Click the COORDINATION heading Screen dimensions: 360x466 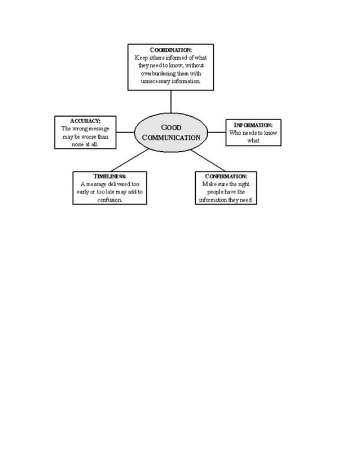171,50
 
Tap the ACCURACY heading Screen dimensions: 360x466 85,121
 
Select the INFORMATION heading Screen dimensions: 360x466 253,125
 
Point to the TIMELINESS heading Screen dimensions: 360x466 109,176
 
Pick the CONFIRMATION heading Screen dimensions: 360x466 226,176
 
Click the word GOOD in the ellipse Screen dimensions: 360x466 171,128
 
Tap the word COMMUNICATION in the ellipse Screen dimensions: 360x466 171,138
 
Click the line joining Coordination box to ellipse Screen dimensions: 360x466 171,102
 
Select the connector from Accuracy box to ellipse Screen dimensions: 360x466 125,132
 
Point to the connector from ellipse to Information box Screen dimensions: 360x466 217,132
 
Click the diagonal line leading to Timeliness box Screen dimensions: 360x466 130,160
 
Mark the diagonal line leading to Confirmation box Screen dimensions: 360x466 208,160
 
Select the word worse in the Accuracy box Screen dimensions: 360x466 89,137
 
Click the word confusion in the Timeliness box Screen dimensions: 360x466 109,200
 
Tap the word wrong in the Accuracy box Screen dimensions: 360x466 80,129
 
